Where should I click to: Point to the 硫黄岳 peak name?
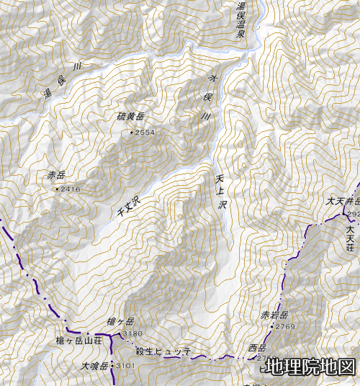tap(131, 116)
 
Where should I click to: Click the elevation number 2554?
tap(145, 133)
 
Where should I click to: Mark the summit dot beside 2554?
tap(131, 133)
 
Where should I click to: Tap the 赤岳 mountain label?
tap(56, 175)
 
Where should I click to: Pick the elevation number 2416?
tap(71, 189)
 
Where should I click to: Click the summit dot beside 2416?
tap(57, 189)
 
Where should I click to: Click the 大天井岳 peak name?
tap(342, 202)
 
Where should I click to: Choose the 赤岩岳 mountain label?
tap(274, 315)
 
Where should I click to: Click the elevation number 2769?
tap(285, 327)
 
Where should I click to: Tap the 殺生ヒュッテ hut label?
tap(163, 351)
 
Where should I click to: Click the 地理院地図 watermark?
tap(310, 367)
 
